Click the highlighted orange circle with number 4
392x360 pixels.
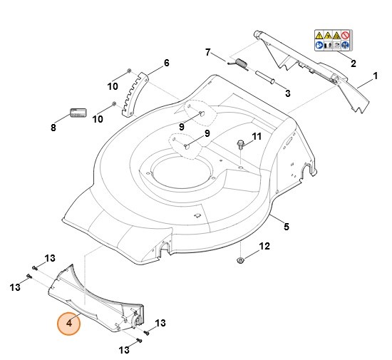point(69,323)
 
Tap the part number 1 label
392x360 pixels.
point(375,76)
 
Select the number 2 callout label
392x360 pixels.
point(352,63)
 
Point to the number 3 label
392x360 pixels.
point(287,93)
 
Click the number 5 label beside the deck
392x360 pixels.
point(286,227)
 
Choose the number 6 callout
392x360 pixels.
point(167,63)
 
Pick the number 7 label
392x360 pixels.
point(208,52)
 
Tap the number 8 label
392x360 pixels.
point(53,128)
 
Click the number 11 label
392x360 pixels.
point(257,135)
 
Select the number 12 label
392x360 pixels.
point(264,247)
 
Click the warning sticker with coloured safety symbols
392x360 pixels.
point(332,40)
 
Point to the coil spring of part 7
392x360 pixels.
point(240,65)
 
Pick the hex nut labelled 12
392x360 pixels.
point(242,259)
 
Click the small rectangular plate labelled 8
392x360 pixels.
point(77,114)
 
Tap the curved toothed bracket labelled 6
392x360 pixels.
point(135,93)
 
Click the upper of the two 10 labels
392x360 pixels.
point(113,86)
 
